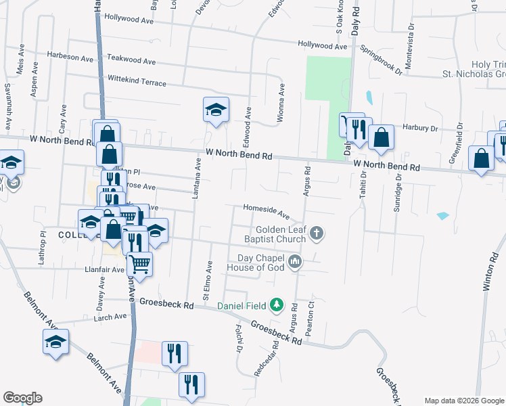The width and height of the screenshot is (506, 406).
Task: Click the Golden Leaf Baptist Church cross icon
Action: pyautogui.click(x=316, y=234)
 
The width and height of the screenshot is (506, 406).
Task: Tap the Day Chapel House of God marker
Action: pyautogui.click(x=294, y=261)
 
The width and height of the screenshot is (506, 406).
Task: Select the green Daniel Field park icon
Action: pyautogui.click(x=276, y=306)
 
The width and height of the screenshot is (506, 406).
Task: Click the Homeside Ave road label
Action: pyautogui.click(x=267, y=212)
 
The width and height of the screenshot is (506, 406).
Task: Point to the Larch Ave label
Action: pyautogui.click(x=110, y=317)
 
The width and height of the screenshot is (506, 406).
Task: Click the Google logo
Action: pyautogui.click(x=22, y=398)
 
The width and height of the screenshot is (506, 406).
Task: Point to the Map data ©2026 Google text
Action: pyautogui.click(x=463, y=400)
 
